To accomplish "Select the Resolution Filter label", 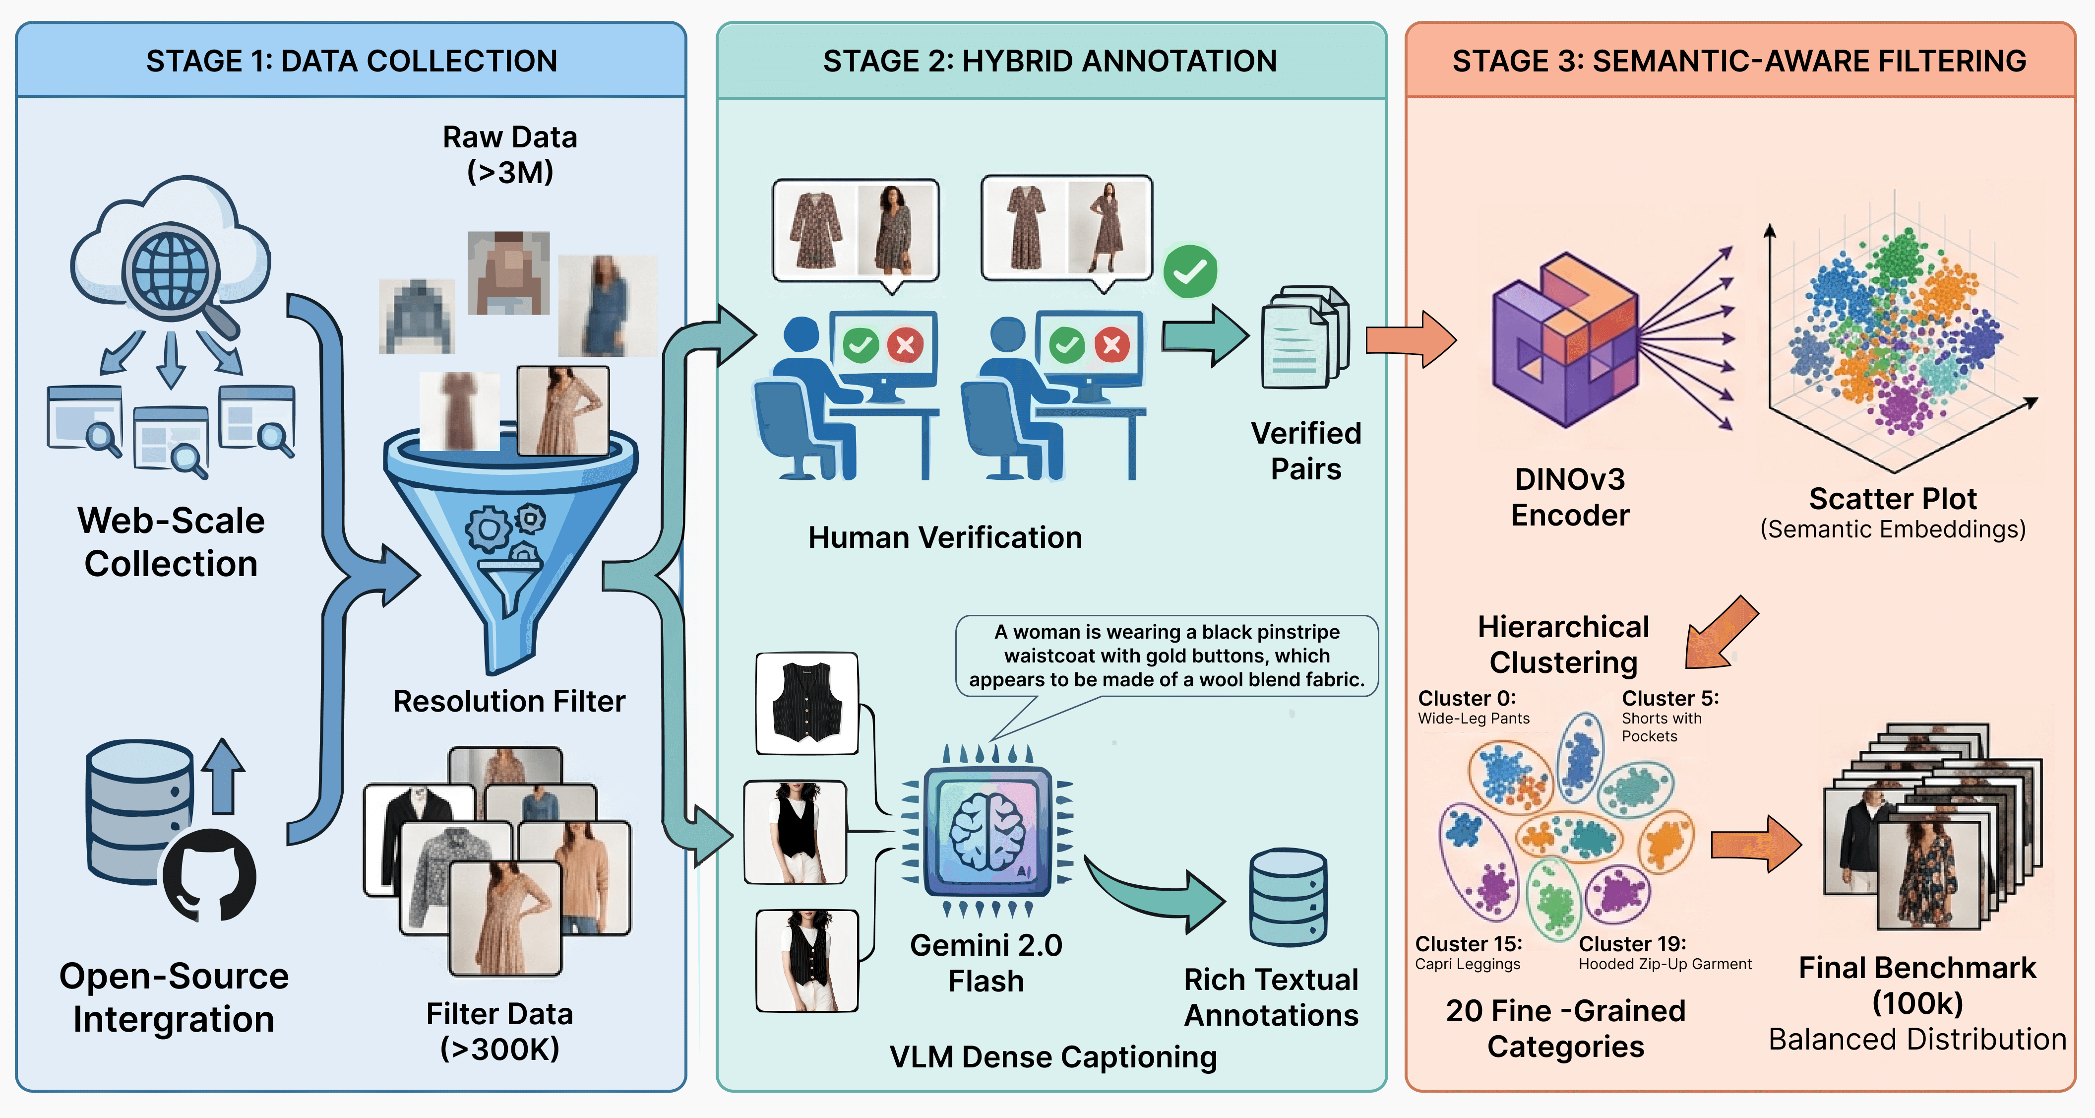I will (x=509, y=701).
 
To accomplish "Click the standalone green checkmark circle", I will (x=1190, y=271).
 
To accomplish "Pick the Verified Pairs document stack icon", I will (x=1304, y=337).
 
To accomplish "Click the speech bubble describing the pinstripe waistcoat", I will (x=1166, y=656).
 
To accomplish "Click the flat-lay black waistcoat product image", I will (x=807, y=703).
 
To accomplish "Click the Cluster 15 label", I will (x=1468, y=944).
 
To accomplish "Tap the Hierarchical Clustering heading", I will (x=1563, y=645).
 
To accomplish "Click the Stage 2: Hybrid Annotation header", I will (x=1050, y=61).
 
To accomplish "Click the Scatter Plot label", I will (x=1893, y=499).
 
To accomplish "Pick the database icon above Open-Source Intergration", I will (x=138, y=810).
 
